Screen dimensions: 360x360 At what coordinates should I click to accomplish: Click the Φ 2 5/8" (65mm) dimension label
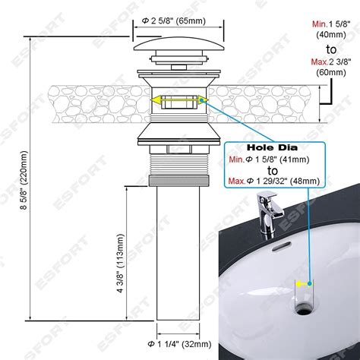coord(173,21)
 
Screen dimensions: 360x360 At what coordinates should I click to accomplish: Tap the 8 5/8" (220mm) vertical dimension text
coord(24,180)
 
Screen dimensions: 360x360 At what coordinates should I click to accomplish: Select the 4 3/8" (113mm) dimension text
coord(121,263)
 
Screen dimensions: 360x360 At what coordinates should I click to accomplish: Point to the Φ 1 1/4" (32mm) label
coord(179,344)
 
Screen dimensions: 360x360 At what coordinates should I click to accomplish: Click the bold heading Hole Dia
coord(272,147)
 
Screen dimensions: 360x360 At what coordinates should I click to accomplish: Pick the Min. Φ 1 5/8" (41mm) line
coord(269,159)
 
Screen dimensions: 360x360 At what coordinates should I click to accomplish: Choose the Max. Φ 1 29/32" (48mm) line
coord(274,181)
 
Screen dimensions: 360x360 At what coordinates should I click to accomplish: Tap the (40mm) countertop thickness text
coord(331,34)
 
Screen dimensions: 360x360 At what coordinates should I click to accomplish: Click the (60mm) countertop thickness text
coord(331,72)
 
